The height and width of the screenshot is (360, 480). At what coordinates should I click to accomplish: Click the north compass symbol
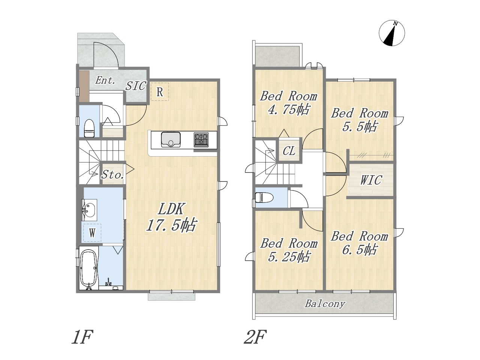[x=391, y=33]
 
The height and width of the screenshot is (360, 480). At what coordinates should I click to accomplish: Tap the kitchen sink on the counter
[x=171, y=139]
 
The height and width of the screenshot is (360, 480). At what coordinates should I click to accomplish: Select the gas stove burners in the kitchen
[x=201, y=139]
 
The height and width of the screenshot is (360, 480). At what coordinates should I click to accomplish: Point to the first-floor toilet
[x=89, y=128]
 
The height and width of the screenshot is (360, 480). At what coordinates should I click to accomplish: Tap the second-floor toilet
[x=264, y=197]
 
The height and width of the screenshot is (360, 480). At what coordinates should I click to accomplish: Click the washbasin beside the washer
[x=89, y=210]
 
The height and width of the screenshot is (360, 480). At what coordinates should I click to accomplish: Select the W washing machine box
[x=92, y=233]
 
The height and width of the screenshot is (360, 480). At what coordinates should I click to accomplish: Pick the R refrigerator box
[x=160, y=92]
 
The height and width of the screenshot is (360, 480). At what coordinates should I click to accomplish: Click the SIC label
[x=136, y=86]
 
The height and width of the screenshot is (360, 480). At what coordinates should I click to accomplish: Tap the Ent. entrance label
[x=105, y=80]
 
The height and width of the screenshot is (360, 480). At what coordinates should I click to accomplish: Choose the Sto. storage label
[x=112, y=175]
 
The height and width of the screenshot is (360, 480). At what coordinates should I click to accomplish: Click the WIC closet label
[x=371, y=180]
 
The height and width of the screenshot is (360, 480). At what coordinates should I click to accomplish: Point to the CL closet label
[x=289, y=151]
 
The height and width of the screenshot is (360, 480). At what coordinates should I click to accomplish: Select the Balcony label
[x=325, y=304]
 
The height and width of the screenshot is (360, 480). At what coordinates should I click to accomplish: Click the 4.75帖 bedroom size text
[x=289, y=109]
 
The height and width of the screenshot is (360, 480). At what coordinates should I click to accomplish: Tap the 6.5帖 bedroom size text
[x=360, y=250]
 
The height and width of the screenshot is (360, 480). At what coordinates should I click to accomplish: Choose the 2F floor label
[x=255, y=337]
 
